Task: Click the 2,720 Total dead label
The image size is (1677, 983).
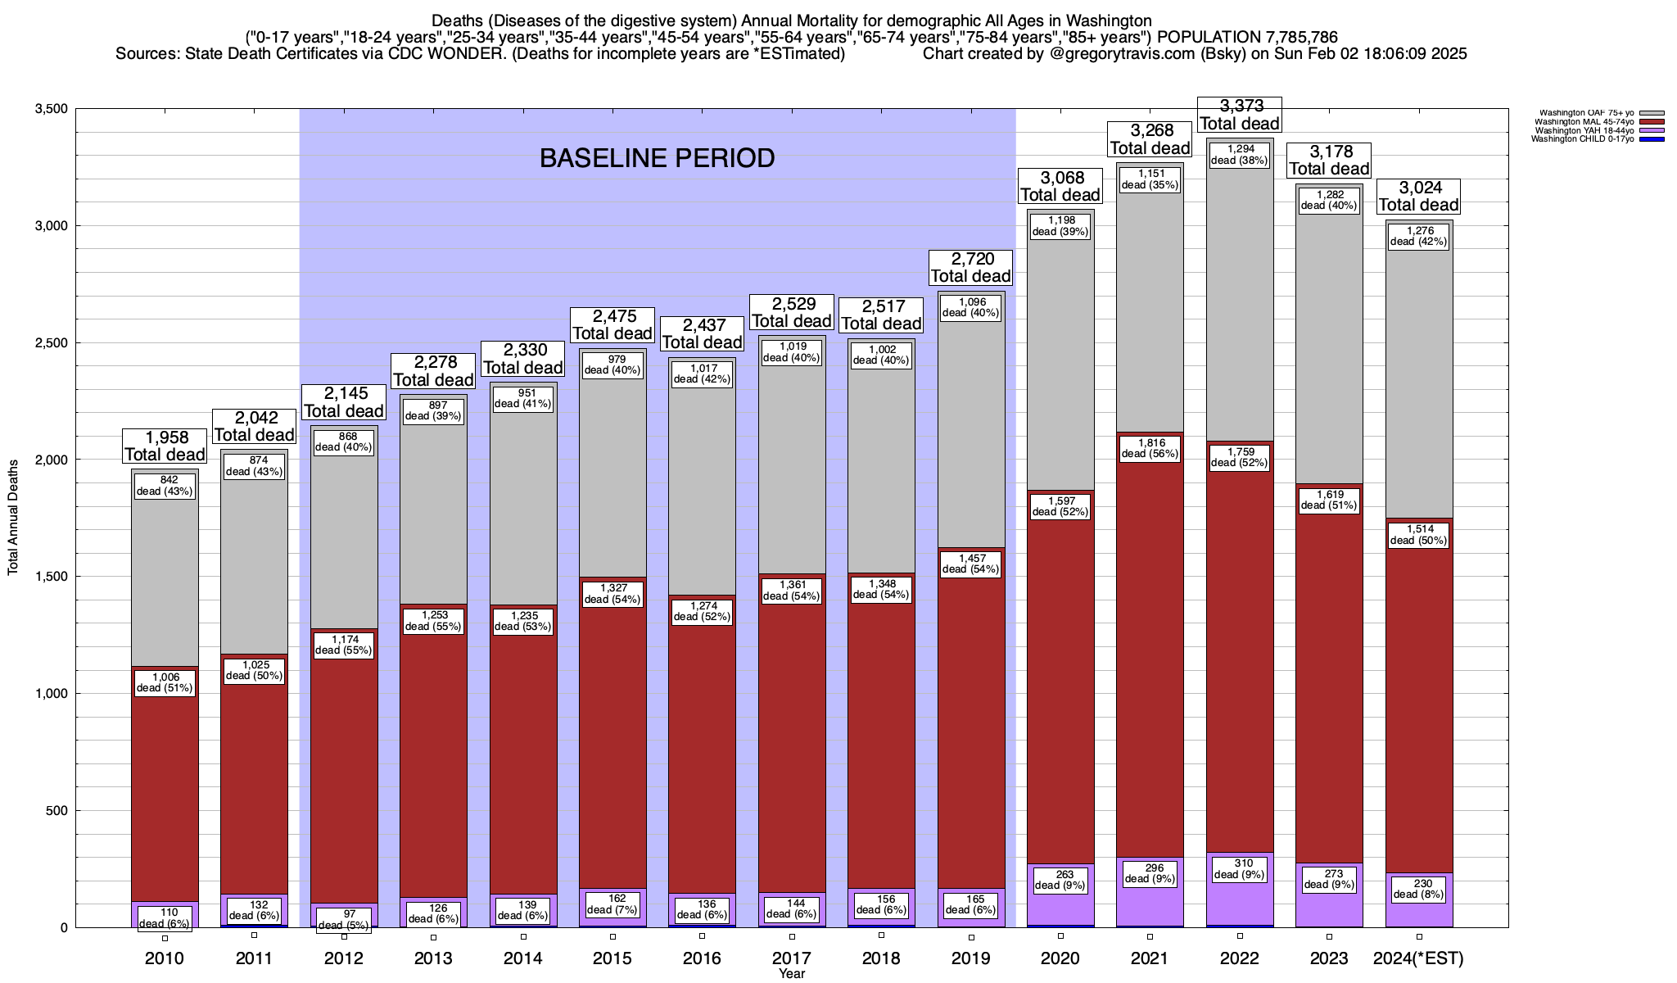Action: coord(970,268)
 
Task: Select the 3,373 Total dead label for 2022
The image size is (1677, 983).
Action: coord(1240,115)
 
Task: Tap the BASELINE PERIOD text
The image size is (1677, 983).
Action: coord(657,158)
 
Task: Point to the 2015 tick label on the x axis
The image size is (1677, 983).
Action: coord(612,958)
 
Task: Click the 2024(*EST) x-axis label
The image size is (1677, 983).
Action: coord(1419,958)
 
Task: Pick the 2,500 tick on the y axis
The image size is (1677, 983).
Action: coord(51,342)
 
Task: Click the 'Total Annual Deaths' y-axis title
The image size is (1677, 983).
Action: coord(13,517)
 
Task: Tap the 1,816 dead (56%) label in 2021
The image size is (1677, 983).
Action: coord(1150,448)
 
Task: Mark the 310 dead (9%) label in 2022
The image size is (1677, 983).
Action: coord(1240,868)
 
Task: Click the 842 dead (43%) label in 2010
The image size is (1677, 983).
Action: coord(165,486)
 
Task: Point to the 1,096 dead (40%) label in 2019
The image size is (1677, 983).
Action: coord(970,307)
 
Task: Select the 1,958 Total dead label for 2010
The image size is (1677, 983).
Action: coord(165,446)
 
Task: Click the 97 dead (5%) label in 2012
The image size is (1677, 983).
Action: coord(344,919)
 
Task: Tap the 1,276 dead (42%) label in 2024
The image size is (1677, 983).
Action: coord(1419,236)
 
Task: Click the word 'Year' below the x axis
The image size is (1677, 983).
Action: coord(792,974)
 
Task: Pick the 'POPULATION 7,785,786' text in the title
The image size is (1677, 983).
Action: coord(1248,38)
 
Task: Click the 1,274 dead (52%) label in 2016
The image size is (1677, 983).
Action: coord(702,611)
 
